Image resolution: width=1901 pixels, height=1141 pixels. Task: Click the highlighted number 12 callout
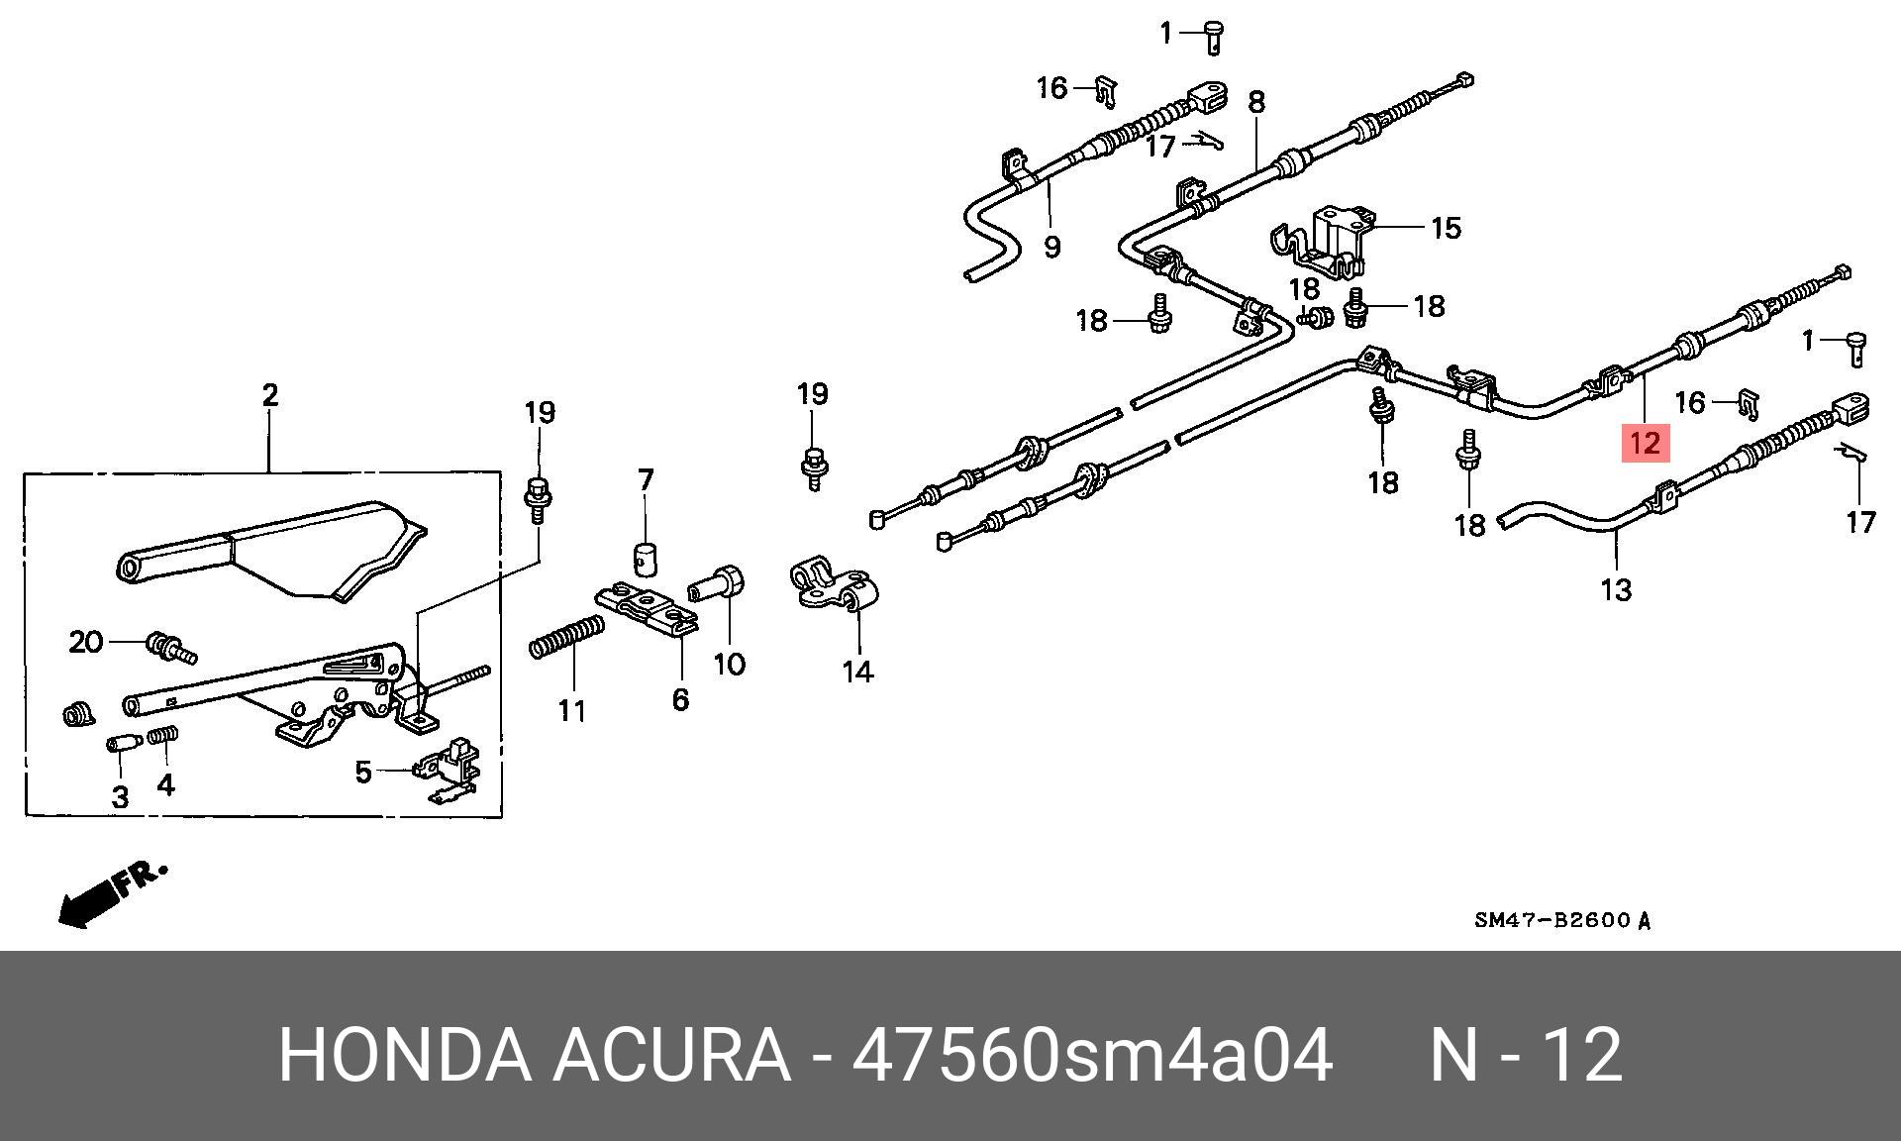pyautogui.click(x=1645, y=442)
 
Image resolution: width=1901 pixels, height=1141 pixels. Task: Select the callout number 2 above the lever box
pyautogui.click(x=270, y=396)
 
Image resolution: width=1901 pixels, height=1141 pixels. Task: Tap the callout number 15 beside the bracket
pyautogui.click(x=1446, y=228)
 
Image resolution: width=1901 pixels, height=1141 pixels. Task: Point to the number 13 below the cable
pyautogui.click(x=1615, y=590)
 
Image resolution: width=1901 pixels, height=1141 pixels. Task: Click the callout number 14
pyautogui.click(x=857, y=672)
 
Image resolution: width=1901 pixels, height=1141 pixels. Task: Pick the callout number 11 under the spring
pyautogui.click(x=571, y=710)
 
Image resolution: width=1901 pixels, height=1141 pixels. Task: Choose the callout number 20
pyautogui.click(x=86, y=642)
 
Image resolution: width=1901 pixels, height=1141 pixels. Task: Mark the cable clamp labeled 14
pyautogui.click(x=834, y=588)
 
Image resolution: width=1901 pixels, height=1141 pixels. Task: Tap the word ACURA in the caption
pyautogui.click(x=670, y=1056)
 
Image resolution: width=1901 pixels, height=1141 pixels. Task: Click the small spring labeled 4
pyautogui.click(x=163, y=738)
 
